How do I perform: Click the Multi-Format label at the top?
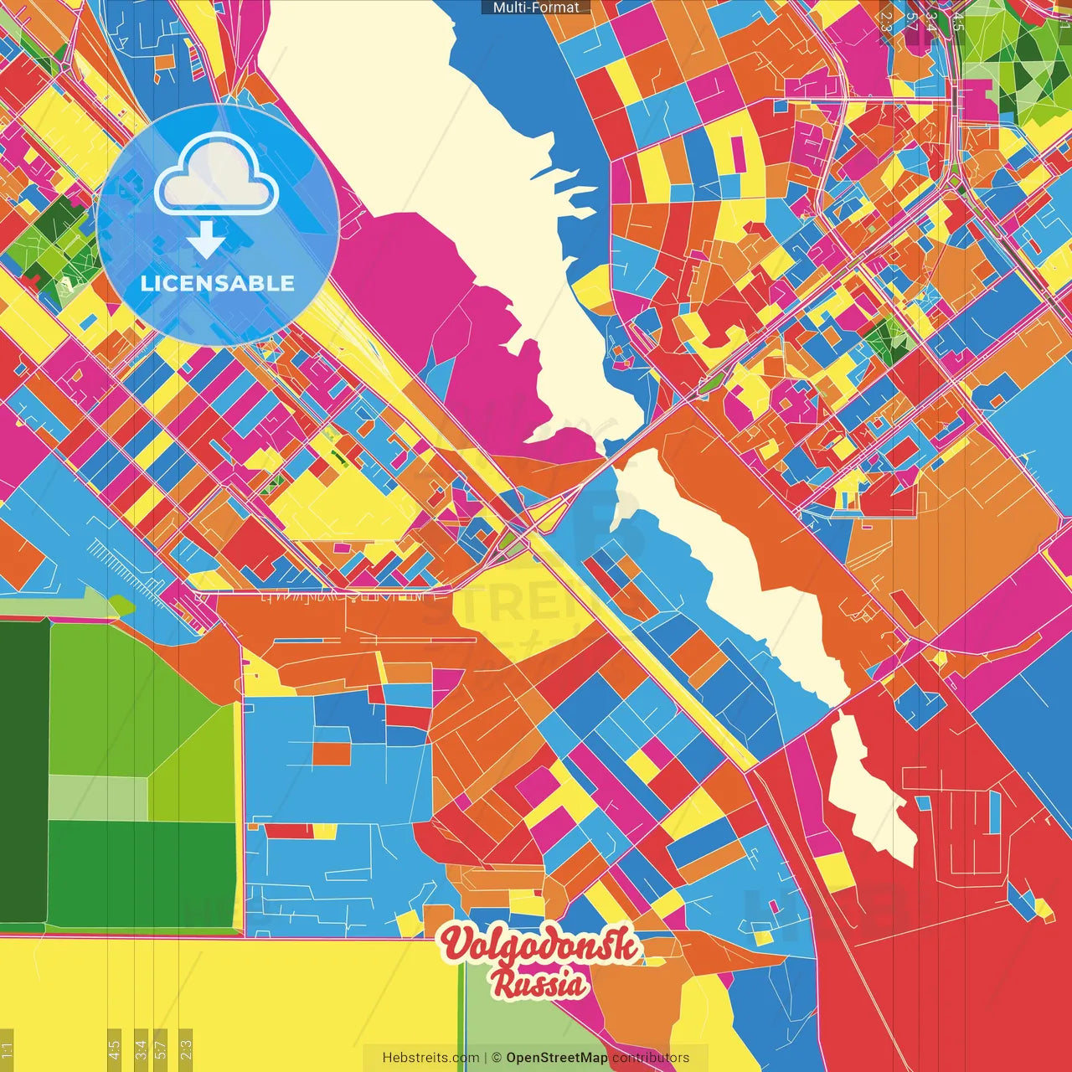tap(536, 8)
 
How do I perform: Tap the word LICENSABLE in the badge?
tap(217, 283)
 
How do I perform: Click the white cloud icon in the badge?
tap(216, 174)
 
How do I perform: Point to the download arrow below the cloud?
tap(206, 240)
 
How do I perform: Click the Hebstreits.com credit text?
tap(430, 1058)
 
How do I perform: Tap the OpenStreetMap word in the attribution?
tap(556, 1058)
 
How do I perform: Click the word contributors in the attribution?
tap(651, 1058)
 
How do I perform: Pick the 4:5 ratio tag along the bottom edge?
tap(114, 1049)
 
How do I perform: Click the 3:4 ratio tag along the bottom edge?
tap(141, 1049)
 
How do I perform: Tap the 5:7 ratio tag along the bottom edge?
tap(161, 1049)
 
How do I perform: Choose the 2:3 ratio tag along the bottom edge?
tap(185, 1049)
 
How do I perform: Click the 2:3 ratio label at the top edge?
tap(886, 21)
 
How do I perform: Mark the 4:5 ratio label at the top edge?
tap(957, 21)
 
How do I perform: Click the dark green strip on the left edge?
tap(23, 770)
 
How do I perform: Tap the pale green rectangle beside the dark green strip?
tap(98, 798)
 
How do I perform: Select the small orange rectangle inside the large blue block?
tap(332, 754)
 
